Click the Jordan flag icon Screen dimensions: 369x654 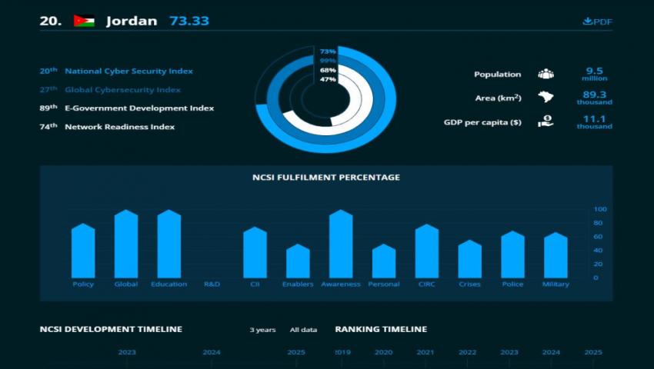(x=84, y=21)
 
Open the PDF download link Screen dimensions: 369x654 (x=598, y=22)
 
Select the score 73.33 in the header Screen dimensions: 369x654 (x=189, y=21)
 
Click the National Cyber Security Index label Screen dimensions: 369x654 (x=128, y=71)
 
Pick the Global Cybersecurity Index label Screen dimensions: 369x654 (x=122, y=89)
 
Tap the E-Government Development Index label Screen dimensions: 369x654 (x=139, y=108)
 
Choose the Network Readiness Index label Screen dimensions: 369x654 (x=119, y=126)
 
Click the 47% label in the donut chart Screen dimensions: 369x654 (x=328, y=79)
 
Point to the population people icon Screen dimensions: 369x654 (x=546, y=74)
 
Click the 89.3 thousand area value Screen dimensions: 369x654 (x=594, y=97)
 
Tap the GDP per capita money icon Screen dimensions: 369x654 (x=546, y=121)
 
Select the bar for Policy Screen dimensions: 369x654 (x=83, y=251)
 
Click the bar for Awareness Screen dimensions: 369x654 (x=341, y=244)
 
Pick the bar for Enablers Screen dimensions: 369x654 (x=298, y=261)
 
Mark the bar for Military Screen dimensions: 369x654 (x=556, y=255)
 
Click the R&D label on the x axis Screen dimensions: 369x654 (x=212, y=284)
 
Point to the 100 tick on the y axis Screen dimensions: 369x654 (x=600, y=209)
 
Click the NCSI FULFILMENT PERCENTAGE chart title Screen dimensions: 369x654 (x=326, y=178)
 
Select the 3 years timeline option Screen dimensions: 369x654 (x=262, y=330)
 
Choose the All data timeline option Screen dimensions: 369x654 (x=303, y=330)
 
